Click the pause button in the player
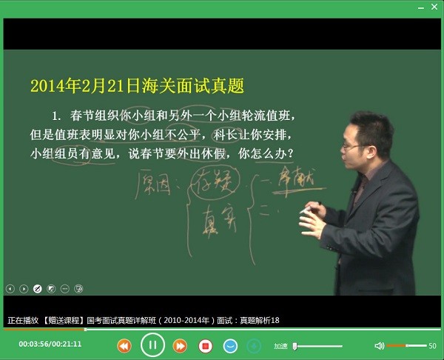(x=152, y=345)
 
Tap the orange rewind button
(x=124, y=346)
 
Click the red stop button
(x=206, y=346)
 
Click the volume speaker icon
(x=380, y=346)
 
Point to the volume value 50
(x=432, y=346)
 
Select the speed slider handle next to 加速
(x=295, y=346)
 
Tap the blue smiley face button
(x=231, y=346)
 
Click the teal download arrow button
(x=254, y=346)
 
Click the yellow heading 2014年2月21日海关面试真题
(x=137, y=84)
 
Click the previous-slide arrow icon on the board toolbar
(x=10, y=288)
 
